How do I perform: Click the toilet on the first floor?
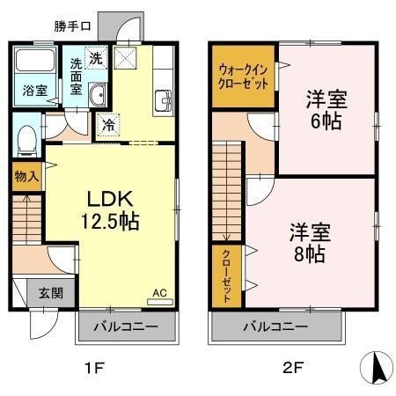pyautogui.click(x=28, y=137)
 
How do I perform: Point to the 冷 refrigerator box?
pyautogui.click(x=107, y=124)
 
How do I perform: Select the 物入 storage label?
pyautogui.click(x=26, y=175)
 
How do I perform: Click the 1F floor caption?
pyautogui.click(x=94, y=368)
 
